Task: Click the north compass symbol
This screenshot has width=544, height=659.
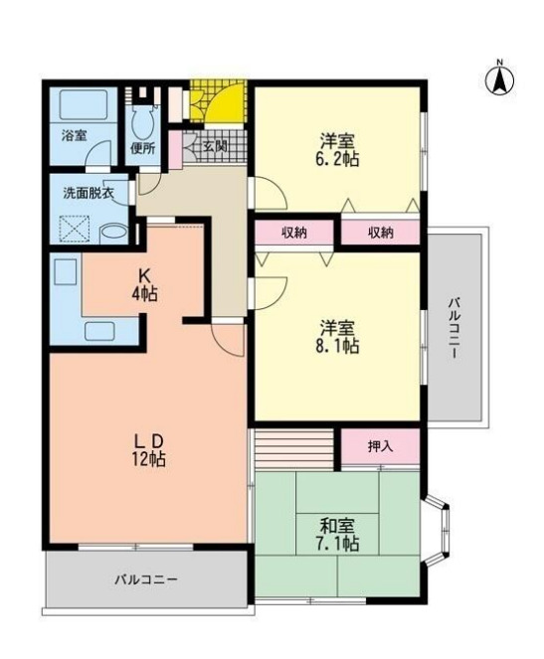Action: [500, 80]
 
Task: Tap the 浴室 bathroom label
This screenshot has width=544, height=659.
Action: [73, 134]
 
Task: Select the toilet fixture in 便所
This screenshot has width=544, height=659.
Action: [141, 124]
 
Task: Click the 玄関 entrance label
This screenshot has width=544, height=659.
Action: [215, 146]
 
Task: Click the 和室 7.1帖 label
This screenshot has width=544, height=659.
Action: [339, 535]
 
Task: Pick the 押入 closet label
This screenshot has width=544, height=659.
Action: [380, 446]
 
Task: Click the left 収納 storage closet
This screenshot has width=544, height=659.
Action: [293, 234]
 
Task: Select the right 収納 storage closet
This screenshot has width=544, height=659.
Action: [380, 234]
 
